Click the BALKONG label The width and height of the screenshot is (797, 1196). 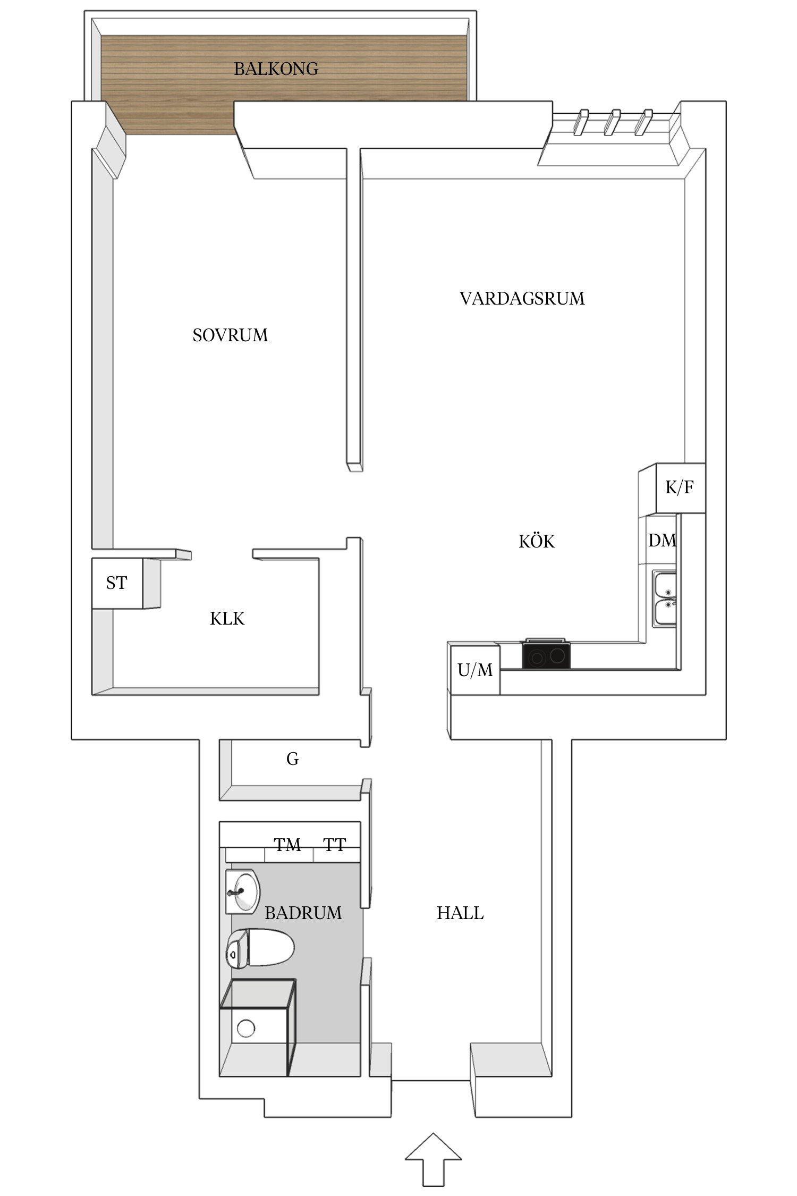click(276, 69)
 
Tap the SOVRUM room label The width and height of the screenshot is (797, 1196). click(230, 335)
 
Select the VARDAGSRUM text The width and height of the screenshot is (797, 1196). click(522, 299)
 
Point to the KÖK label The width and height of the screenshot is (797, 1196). click(537, 542)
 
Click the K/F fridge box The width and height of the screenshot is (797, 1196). click(680, 487)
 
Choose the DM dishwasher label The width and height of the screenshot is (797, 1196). click(662, 541)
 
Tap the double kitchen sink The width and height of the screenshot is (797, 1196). click(664, 599)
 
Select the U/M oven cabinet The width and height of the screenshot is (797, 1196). click(475, 670)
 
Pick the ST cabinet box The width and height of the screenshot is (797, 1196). click(117, 583)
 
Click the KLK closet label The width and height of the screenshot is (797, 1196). click(227, 619)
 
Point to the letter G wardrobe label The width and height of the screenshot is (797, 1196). click(292, 759)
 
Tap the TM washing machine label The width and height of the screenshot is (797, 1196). click(287, 845)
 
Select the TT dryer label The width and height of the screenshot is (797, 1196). click(335, 845)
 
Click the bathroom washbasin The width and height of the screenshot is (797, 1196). click(243, 891)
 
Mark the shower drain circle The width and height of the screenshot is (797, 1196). click(246, 1028)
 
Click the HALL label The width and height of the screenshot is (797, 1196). click(460, 913)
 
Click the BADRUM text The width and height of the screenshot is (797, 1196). click(303, 913)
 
